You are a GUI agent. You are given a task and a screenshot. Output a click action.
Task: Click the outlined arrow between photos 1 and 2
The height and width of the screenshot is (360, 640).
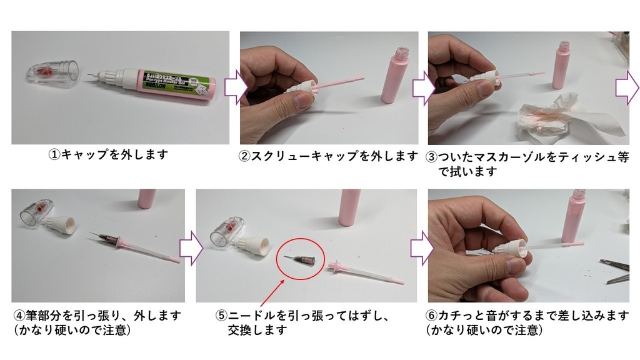tap(231, 88)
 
